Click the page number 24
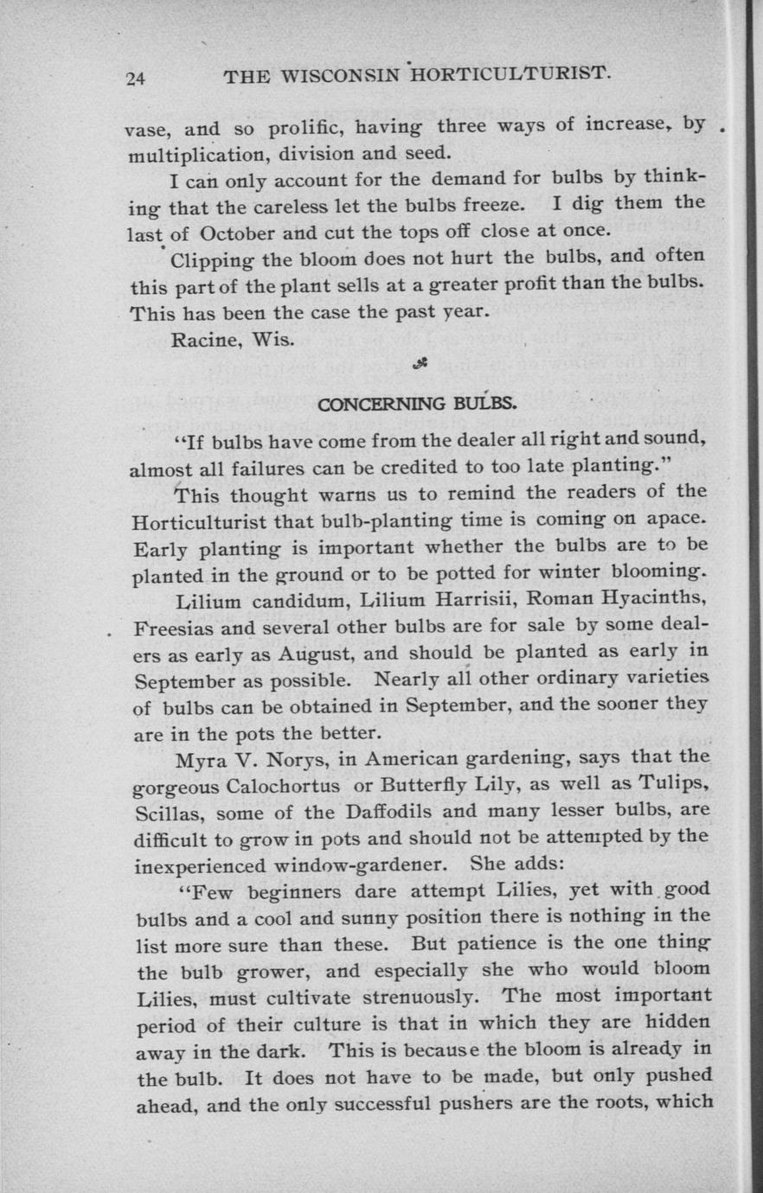click(135, 79)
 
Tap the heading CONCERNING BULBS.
click(418, 403)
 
